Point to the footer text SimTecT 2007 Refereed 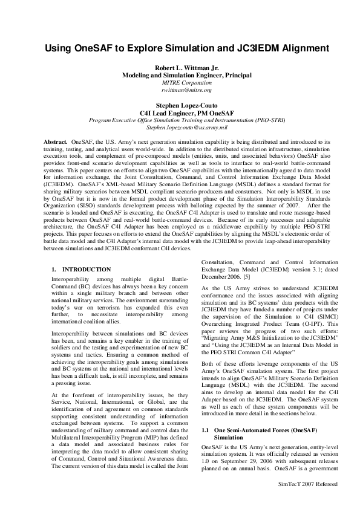pyautogui.click(x=307, y=484)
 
